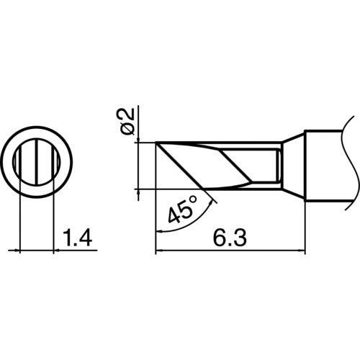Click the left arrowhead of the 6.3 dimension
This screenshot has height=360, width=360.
[x=160, y=251]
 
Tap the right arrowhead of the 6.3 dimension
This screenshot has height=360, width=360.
[x=301, y=251]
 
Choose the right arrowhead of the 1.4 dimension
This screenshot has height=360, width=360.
[x=58, y=251]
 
